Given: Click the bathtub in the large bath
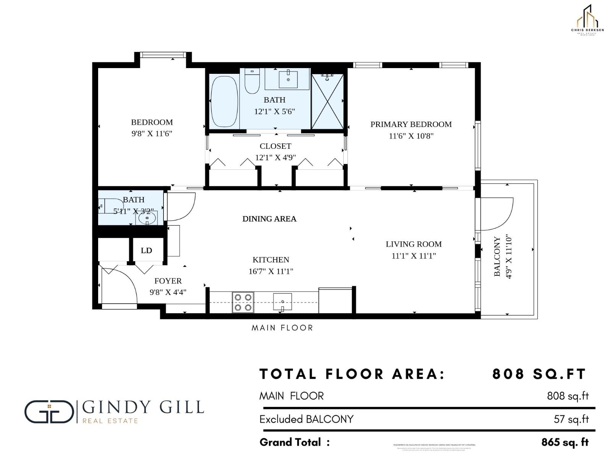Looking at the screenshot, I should click(x=224, y=101).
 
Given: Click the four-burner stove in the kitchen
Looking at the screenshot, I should click(x=243, y=302).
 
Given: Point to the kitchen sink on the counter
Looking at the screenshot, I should click(x=282, y=302).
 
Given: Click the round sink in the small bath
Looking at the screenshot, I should click(x=147, y=219).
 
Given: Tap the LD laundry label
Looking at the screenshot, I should click(x=146, y=251).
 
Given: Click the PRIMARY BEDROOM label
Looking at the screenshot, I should click(x=411, y=124).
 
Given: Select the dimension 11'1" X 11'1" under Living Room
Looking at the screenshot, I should click(x=414, y=256).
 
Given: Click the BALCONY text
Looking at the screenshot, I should click(x=497, y=256).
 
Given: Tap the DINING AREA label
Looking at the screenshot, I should click(x=269, y=219).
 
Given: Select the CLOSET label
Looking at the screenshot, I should click(x=275, y=146).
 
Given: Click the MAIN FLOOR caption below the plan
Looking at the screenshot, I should click(x=282, y=328).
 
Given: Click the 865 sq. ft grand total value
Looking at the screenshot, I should click(x=565, y=442).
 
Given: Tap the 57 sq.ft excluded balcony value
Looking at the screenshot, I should click(x=571, y=419).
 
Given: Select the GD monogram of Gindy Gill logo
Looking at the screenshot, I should click(x=49, y=412).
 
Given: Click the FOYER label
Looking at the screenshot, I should click(x=168, y=281).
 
